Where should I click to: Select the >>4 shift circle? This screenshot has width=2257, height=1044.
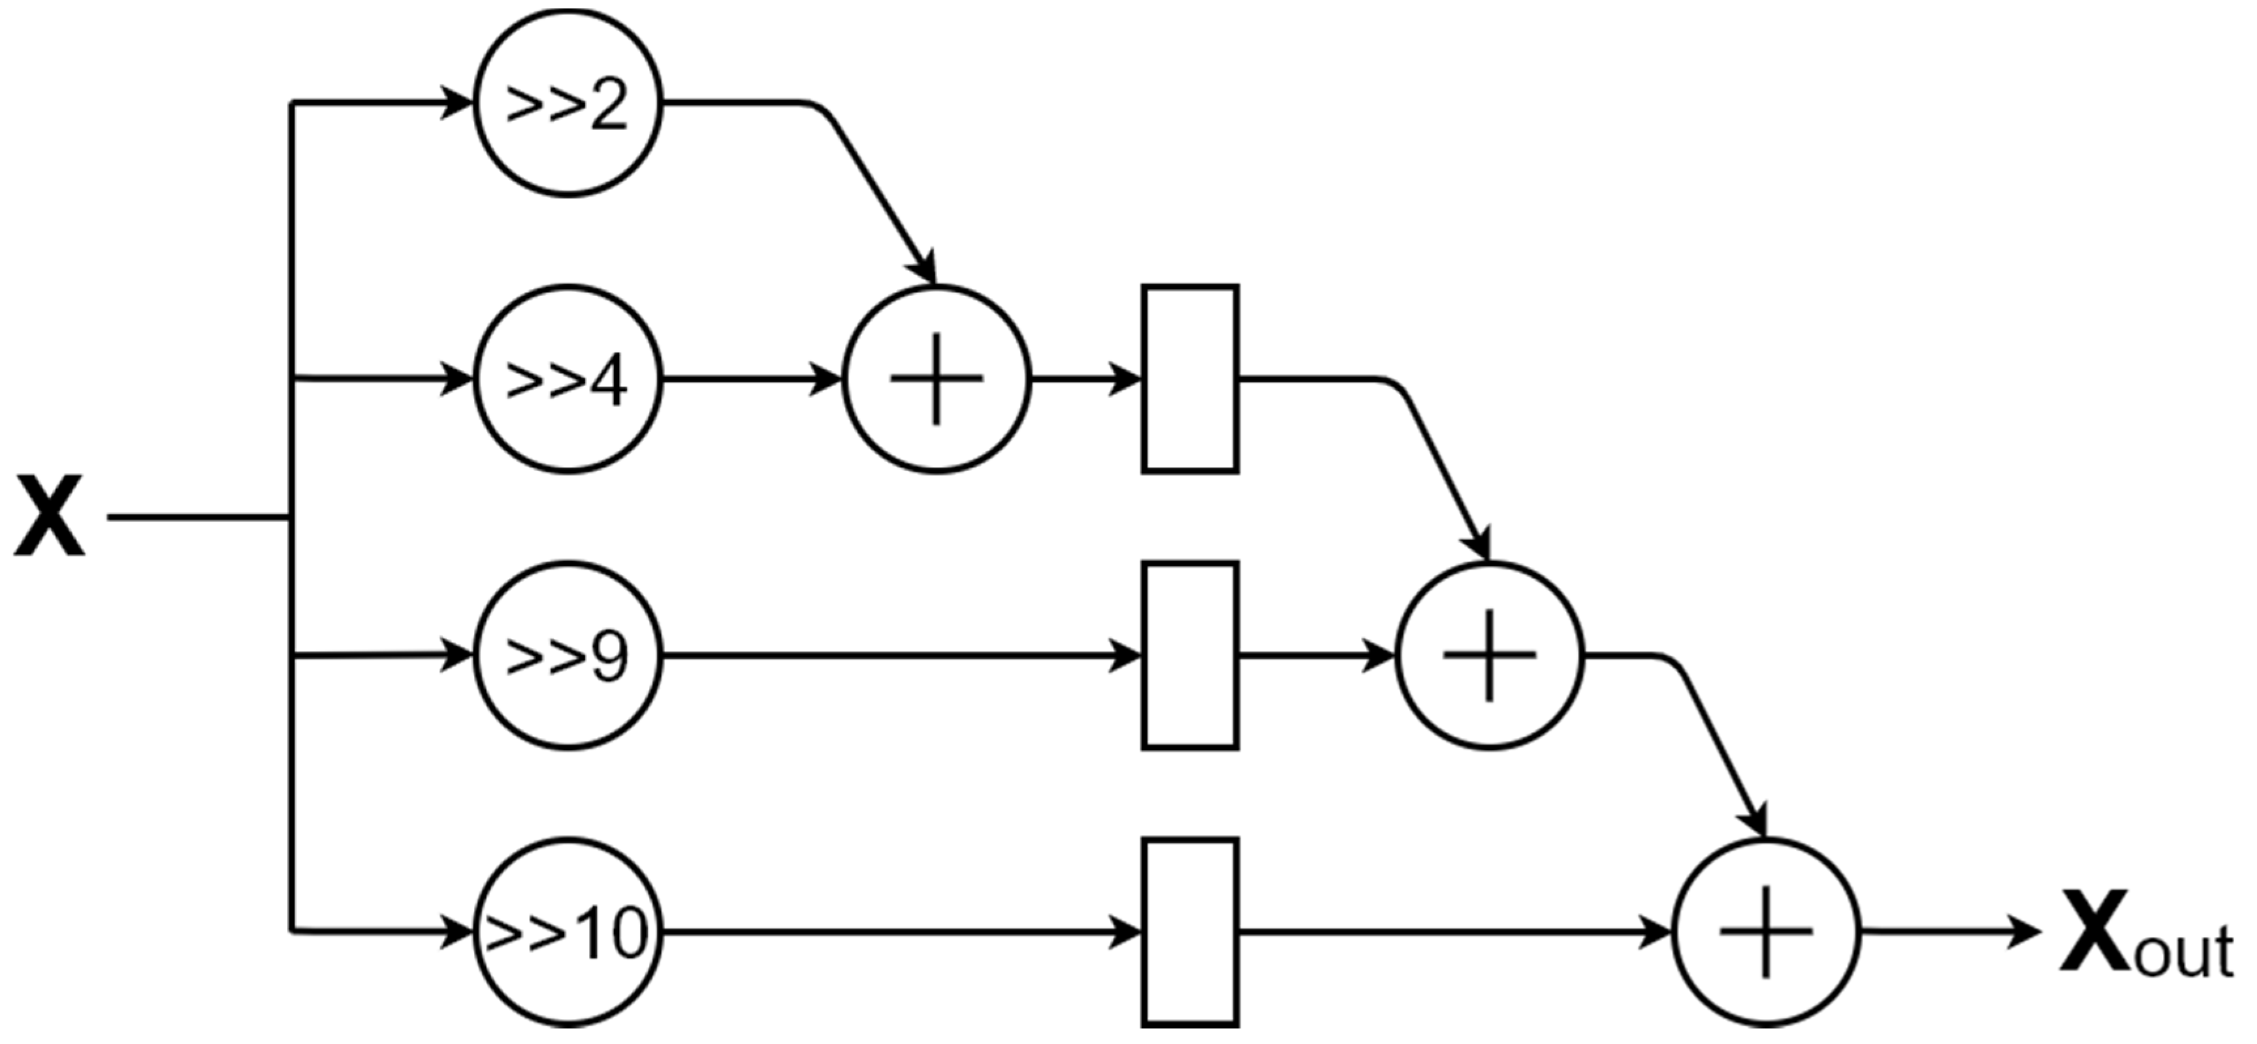pos(568,379)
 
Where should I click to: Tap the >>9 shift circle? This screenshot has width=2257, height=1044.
pos(568,655)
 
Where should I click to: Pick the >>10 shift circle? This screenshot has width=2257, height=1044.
pos(568,932)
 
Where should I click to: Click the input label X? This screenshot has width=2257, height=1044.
pos(49,516)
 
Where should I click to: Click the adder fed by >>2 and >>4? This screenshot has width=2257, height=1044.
pos(936,379)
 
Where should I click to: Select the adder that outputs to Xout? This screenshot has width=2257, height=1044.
pos(1765,932)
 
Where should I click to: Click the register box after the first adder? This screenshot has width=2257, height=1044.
pos(1190,379)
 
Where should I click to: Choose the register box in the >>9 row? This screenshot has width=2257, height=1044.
pos(1190,655)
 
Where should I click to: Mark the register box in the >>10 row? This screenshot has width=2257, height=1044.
pos(1190,932)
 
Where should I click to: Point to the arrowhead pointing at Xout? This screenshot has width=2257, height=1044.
pos(2024,932)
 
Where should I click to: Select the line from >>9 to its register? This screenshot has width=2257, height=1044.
pos(893,655)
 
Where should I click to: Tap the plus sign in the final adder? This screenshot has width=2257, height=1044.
pos(1765,932)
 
